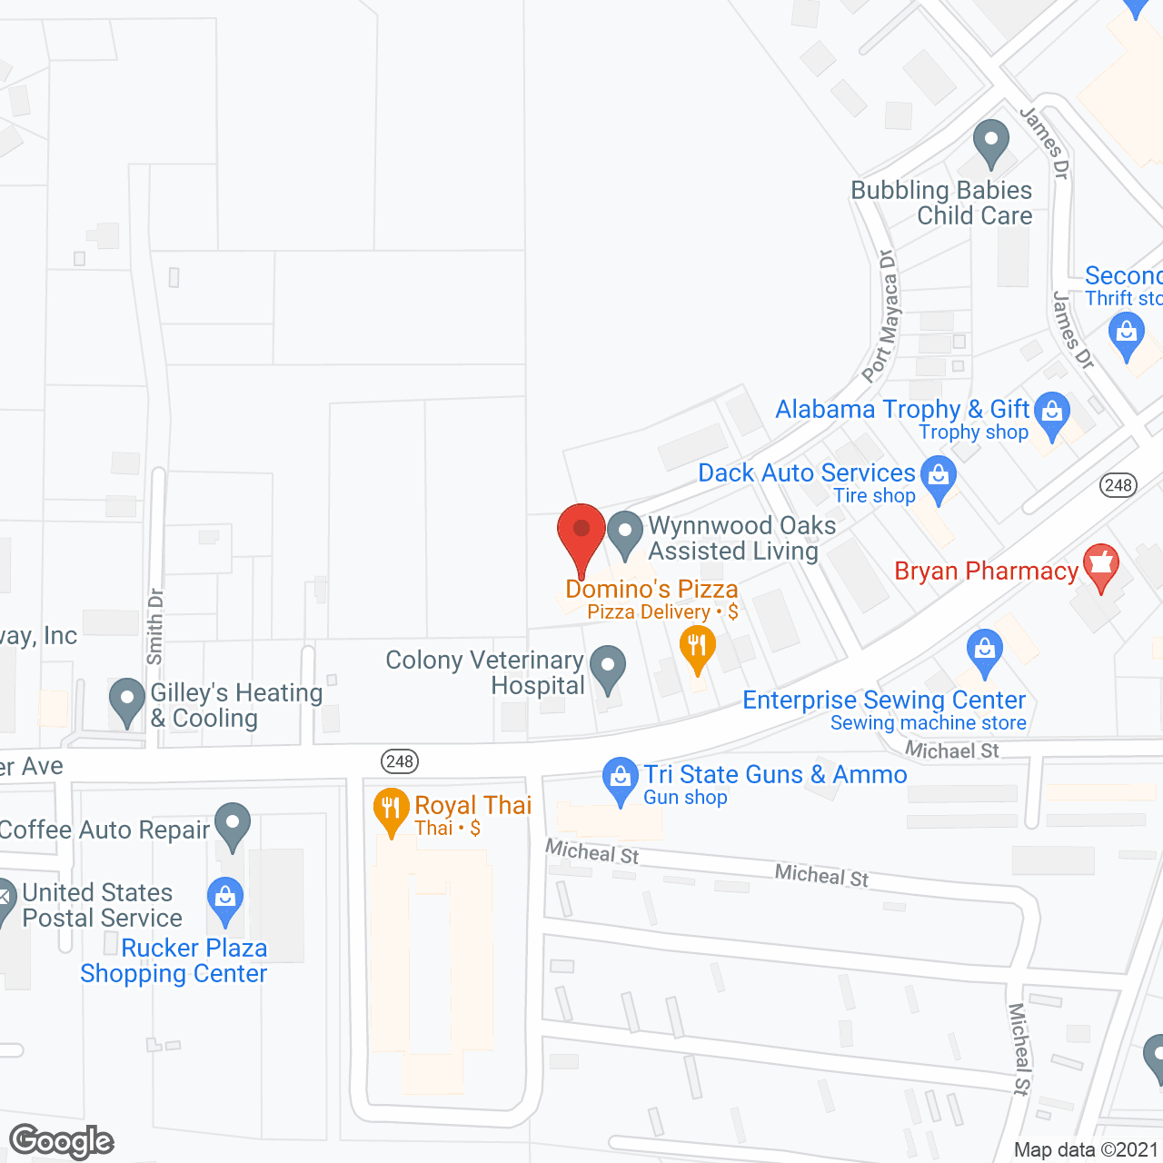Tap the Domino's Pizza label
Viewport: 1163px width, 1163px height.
pyautogui.click(x=651, y=590)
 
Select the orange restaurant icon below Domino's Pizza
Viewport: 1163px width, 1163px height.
pyautogui.click(x=697, y=648)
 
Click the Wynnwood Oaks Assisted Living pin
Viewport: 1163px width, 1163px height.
pyautogui.click(x=624, y=533)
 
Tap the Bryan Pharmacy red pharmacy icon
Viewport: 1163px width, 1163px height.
pyautogui.click(x=1101, y=567)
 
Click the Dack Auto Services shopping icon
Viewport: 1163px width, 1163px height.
pyautogui.click(x=939, y=477)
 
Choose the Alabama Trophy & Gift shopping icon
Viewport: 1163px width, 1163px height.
pyautogui.click(x=1051, y=413)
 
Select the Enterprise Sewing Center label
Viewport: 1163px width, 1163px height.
pyautogui.click(x=883, y=701)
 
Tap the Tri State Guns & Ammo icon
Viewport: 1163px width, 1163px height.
pyautogui.click(x=621, y=780)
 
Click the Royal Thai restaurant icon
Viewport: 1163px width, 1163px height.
pyautogui.click(x=392, y=810)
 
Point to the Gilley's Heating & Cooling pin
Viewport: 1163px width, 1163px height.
pyautogui.click(x=127, y=701)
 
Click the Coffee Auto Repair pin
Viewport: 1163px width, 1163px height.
pyautogui.click(x=234, y=825)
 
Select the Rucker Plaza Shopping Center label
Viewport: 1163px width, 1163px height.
pyautogui.click(x=174, y=960)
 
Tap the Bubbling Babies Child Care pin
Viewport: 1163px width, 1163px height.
pyautogui.click(x=990, y=143)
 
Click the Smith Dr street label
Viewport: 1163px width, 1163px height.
pyautogui.click(x=155, y=626)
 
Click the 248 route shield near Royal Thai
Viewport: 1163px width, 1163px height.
pyautogui.click(x=400, y=761)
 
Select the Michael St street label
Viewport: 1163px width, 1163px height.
pyautogui.click(x=951, y=750)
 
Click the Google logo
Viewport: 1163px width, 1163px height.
pyautogui.click(x=62, y=1141)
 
